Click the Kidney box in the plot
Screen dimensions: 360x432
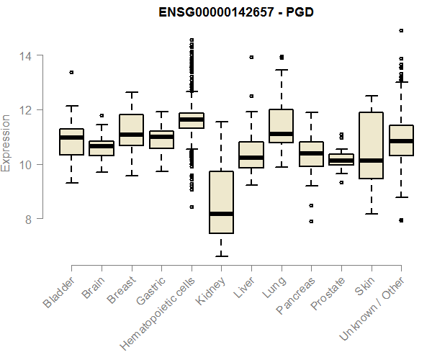(222, 202)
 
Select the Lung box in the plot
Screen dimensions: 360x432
(282, 126)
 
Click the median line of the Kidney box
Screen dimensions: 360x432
(222, 214)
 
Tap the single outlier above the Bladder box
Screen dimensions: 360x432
(71, 72)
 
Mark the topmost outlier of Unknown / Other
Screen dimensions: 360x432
(401, 31)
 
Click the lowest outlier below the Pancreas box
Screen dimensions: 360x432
(311, 221)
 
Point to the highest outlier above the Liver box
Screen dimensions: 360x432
(251, 57)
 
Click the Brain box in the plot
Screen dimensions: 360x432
(102, 148)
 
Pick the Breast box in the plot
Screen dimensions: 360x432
(132, 130)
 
